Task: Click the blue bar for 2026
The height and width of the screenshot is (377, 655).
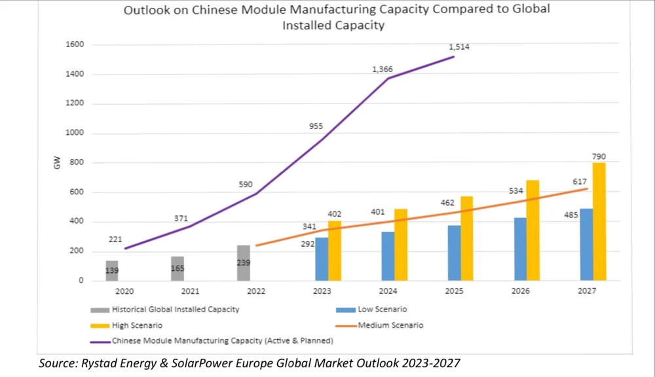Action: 520,249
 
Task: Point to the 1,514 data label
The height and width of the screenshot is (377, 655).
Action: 459,47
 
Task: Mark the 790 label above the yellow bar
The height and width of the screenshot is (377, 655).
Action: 599,156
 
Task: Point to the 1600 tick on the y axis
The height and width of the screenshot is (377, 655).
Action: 75,45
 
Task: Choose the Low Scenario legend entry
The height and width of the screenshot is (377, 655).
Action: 384,310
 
